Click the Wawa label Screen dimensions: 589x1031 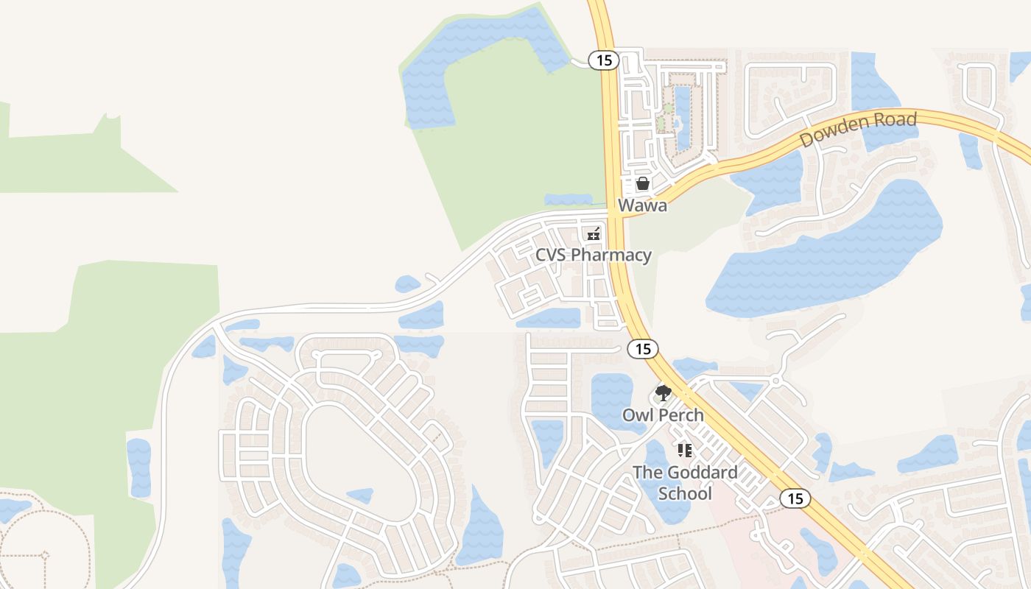click(x=643, y=205)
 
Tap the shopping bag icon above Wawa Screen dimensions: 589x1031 click(x=643, y=183)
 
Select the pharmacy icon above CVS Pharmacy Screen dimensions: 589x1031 click(x=594, y=234)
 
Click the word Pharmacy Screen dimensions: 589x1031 click(x=611, y=255)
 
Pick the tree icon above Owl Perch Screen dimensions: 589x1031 click(x=664, y=392)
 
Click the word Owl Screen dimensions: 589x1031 click(x=638, y=415)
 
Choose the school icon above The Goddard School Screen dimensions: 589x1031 click(x=685, y=450)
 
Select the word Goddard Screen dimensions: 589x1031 click(x=700, y=473)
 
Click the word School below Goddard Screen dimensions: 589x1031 click(x=685, y=493)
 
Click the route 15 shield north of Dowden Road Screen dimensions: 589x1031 click(x=604, y=60)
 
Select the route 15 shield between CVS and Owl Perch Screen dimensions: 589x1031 click(x=643, y=349)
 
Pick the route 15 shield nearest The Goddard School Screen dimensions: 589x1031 click(x=795, y=498)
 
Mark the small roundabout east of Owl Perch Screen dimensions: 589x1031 click(x=775, y=381)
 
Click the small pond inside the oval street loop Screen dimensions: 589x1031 click(x=359, y=495)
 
